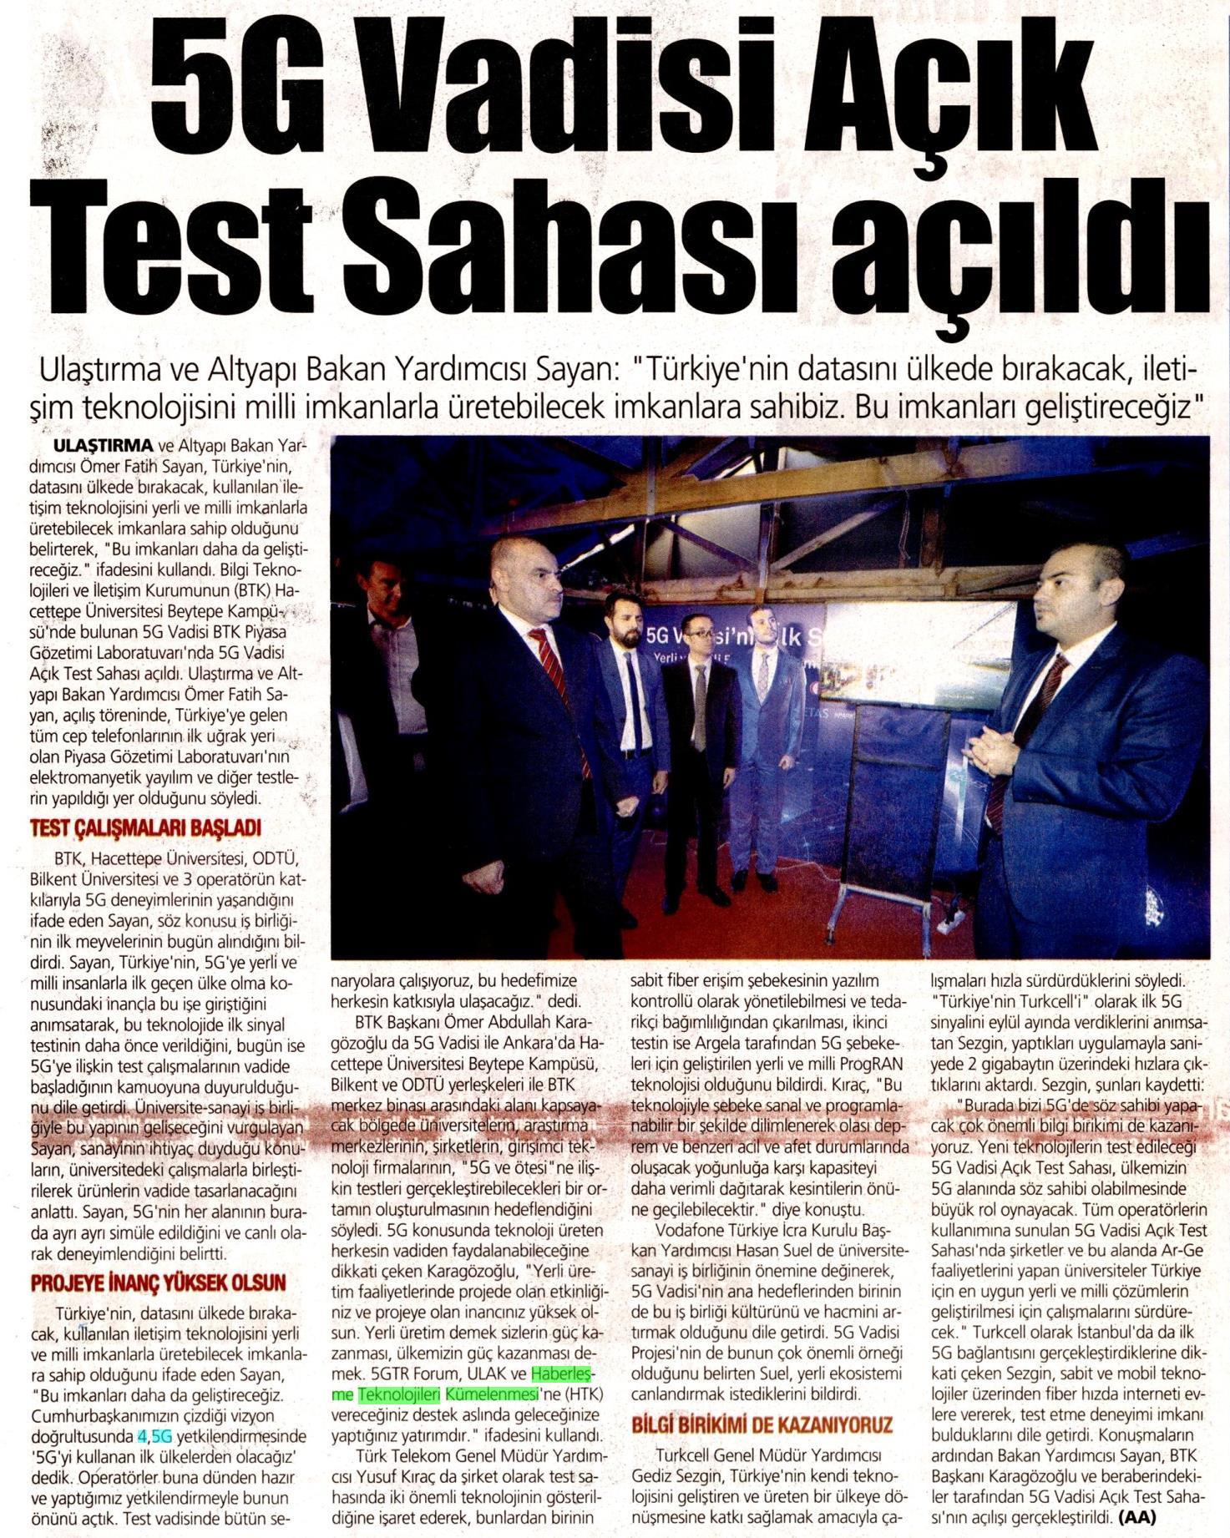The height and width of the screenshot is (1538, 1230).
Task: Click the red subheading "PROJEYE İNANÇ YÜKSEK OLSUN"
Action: click(x=158, y=1283)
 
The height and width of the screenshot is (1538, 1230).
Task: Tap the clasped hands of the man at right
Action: click(x=990, y=751)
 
